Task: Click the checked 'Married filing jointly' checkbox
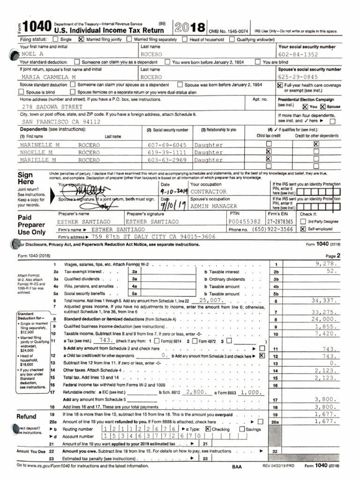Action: pyautogui.click(x=81, y=39)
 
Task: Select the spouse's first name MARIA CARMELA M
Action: pyautogui.click(x=48, y=77)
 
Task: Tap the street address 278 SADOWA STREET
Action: pyautogui.click(x=52, y=107)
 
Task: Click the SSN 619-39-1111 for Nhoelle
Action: pyautogui.click(x=167, y=152)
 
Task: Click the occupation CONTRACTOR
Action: pyautogui.click(x=209, y=192)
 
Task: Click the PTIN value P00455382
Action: pyautogui.click(x=244, y=221)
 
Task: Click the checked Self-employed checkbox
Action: pyautogui.click(x=303, y=229)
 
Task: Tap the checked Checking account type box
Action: pyautogui.click(x=208, y=429)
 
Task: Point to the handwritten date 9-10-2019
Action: pyautogui.click(x=173, y=192)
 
